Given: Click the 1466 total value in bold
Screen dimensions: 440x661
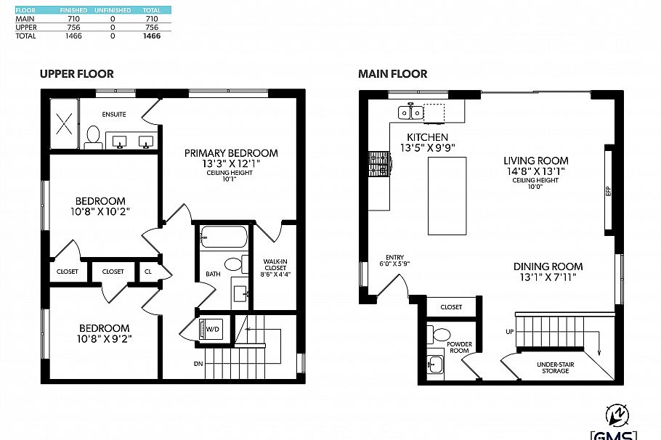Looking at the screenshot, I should (152, 35).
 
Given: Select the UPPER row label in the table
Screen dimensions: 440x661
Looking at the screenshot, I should (26, 27).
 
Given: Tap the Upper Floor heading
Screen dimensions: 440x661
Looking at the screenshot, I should (76, 74).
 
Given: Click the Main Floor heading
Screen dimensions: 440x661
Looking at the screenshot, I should (392, 74).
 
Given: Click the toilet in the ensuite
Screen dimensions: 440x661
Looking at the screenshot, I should (93, 137).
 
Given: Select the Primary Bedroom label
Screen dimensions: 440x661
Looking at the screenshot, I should (231, 152).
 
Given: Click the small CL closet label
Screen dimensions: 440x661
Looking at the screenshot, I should (148, 272).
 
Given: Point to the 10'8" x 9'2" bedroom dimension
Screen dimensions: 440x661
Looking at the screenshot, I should (105, 338).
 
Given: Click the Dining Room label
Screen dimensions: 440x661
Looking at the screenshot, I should (548, 266).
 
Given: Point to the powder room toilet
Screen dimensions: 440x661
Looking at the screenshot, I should (441, 335).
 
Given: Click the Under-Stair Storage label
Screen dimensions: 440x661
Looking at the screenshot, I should (553, 367).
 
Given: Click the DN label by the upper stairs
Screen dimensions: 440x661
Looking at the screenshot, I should (198, 363).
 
